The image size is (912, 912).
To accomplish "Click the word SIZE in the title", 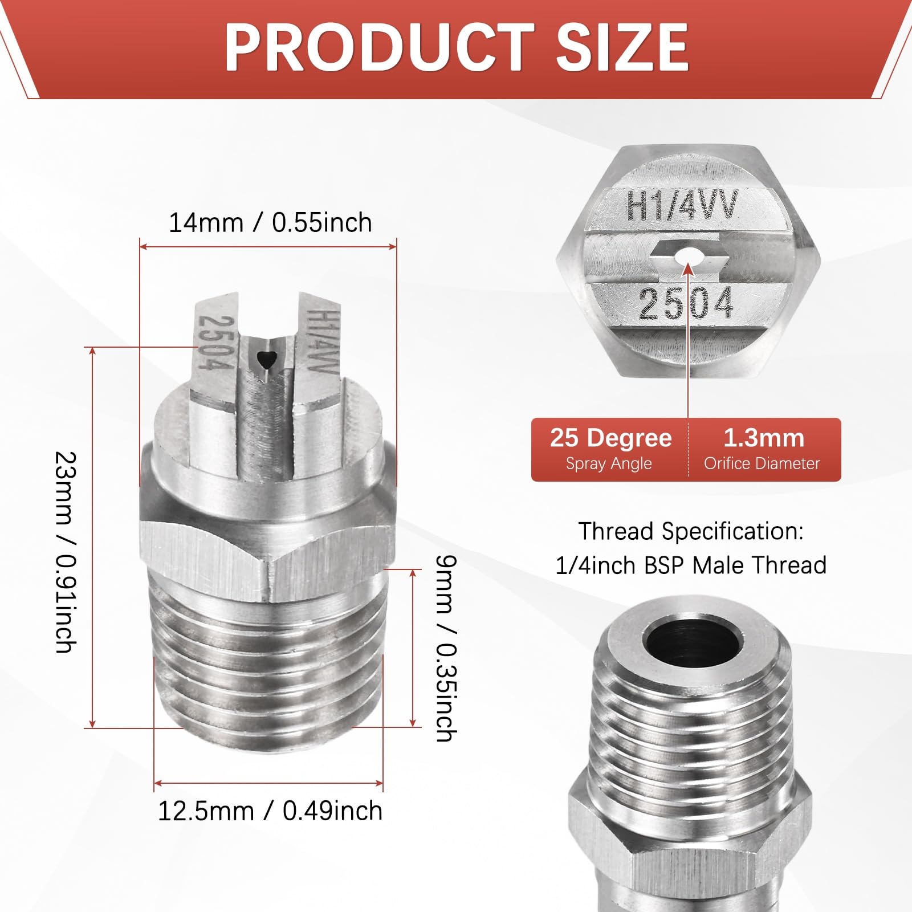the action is (x=623, y=47).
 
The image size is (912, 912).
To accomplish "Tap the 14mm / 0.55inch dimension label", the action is (x=270, y=222).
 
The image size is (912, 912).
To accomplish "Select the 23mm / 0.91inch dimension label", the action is (x=66, y=552).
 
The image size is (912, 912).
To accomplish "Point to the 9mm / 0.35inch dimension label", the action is (x=445, y=649).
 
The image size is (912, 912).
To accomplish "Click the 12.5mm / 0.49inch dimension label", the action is (x=270, y=811).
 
